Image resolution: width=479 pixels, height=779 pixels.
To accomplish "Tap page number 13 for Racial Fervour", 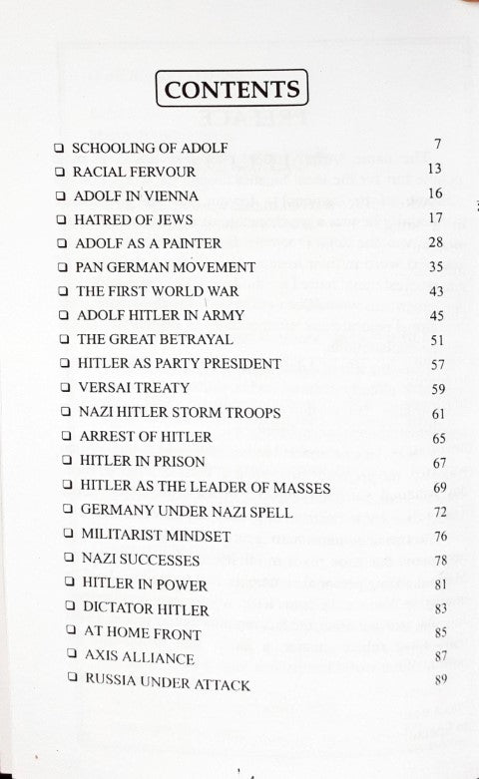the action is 433,170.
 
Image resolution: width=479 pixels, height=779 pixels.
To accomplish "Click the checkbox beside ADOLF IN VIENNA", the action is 62,195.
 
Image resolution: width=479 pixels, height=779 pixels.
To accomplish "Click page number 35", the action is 434,266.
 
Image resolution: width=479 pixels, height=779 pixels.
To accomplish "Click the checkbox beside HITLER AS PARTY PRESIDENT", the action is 64,363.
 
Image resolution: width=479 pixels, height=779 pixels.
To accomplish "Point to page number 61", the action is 436,412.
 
